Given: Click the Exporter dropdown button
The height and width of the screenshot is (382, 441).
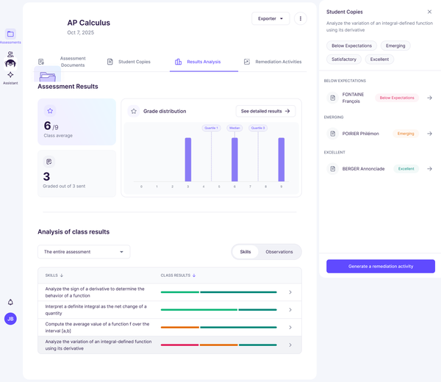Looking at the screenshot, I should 270,18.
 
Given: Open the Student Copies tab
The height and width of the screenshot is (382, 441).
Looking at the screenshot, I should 134,62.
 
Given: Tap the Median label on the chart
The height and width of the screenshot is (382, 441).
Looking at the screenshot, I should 234,128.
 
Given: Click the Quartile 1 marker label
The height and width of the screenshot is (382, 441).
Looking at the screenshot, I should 211,128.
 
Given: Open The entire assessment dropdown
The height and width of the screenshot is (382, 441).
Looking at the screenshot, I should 84,252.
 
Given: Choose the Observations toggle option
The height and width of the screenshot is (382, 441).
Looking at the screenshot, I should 279,252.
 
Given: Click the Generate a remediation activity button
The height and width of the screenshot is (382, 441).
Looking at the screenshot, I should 380,266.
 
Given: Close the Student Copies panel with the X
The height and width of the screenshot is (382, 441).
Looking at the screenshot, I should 430,12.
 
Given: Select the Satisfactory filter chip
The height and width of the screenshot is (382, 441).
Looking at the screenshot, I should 344,59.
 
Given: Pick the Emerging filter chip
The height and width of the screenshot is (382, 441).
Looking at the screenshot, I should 395,46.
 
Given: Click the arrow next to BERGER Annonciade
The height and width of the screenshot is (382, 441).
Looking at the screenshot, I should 430,169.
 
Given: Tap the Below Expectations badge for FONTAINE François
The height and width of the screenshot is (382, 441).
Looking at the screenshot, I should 396,98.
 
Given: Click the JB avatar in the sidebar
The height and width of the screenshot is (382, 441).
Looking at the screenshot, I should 10,319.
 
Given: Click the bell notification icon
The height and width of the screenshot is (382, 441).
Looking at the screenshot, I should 10,302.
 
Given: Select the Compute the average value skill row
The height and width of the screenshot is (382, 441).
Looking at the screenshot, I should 169,328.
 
